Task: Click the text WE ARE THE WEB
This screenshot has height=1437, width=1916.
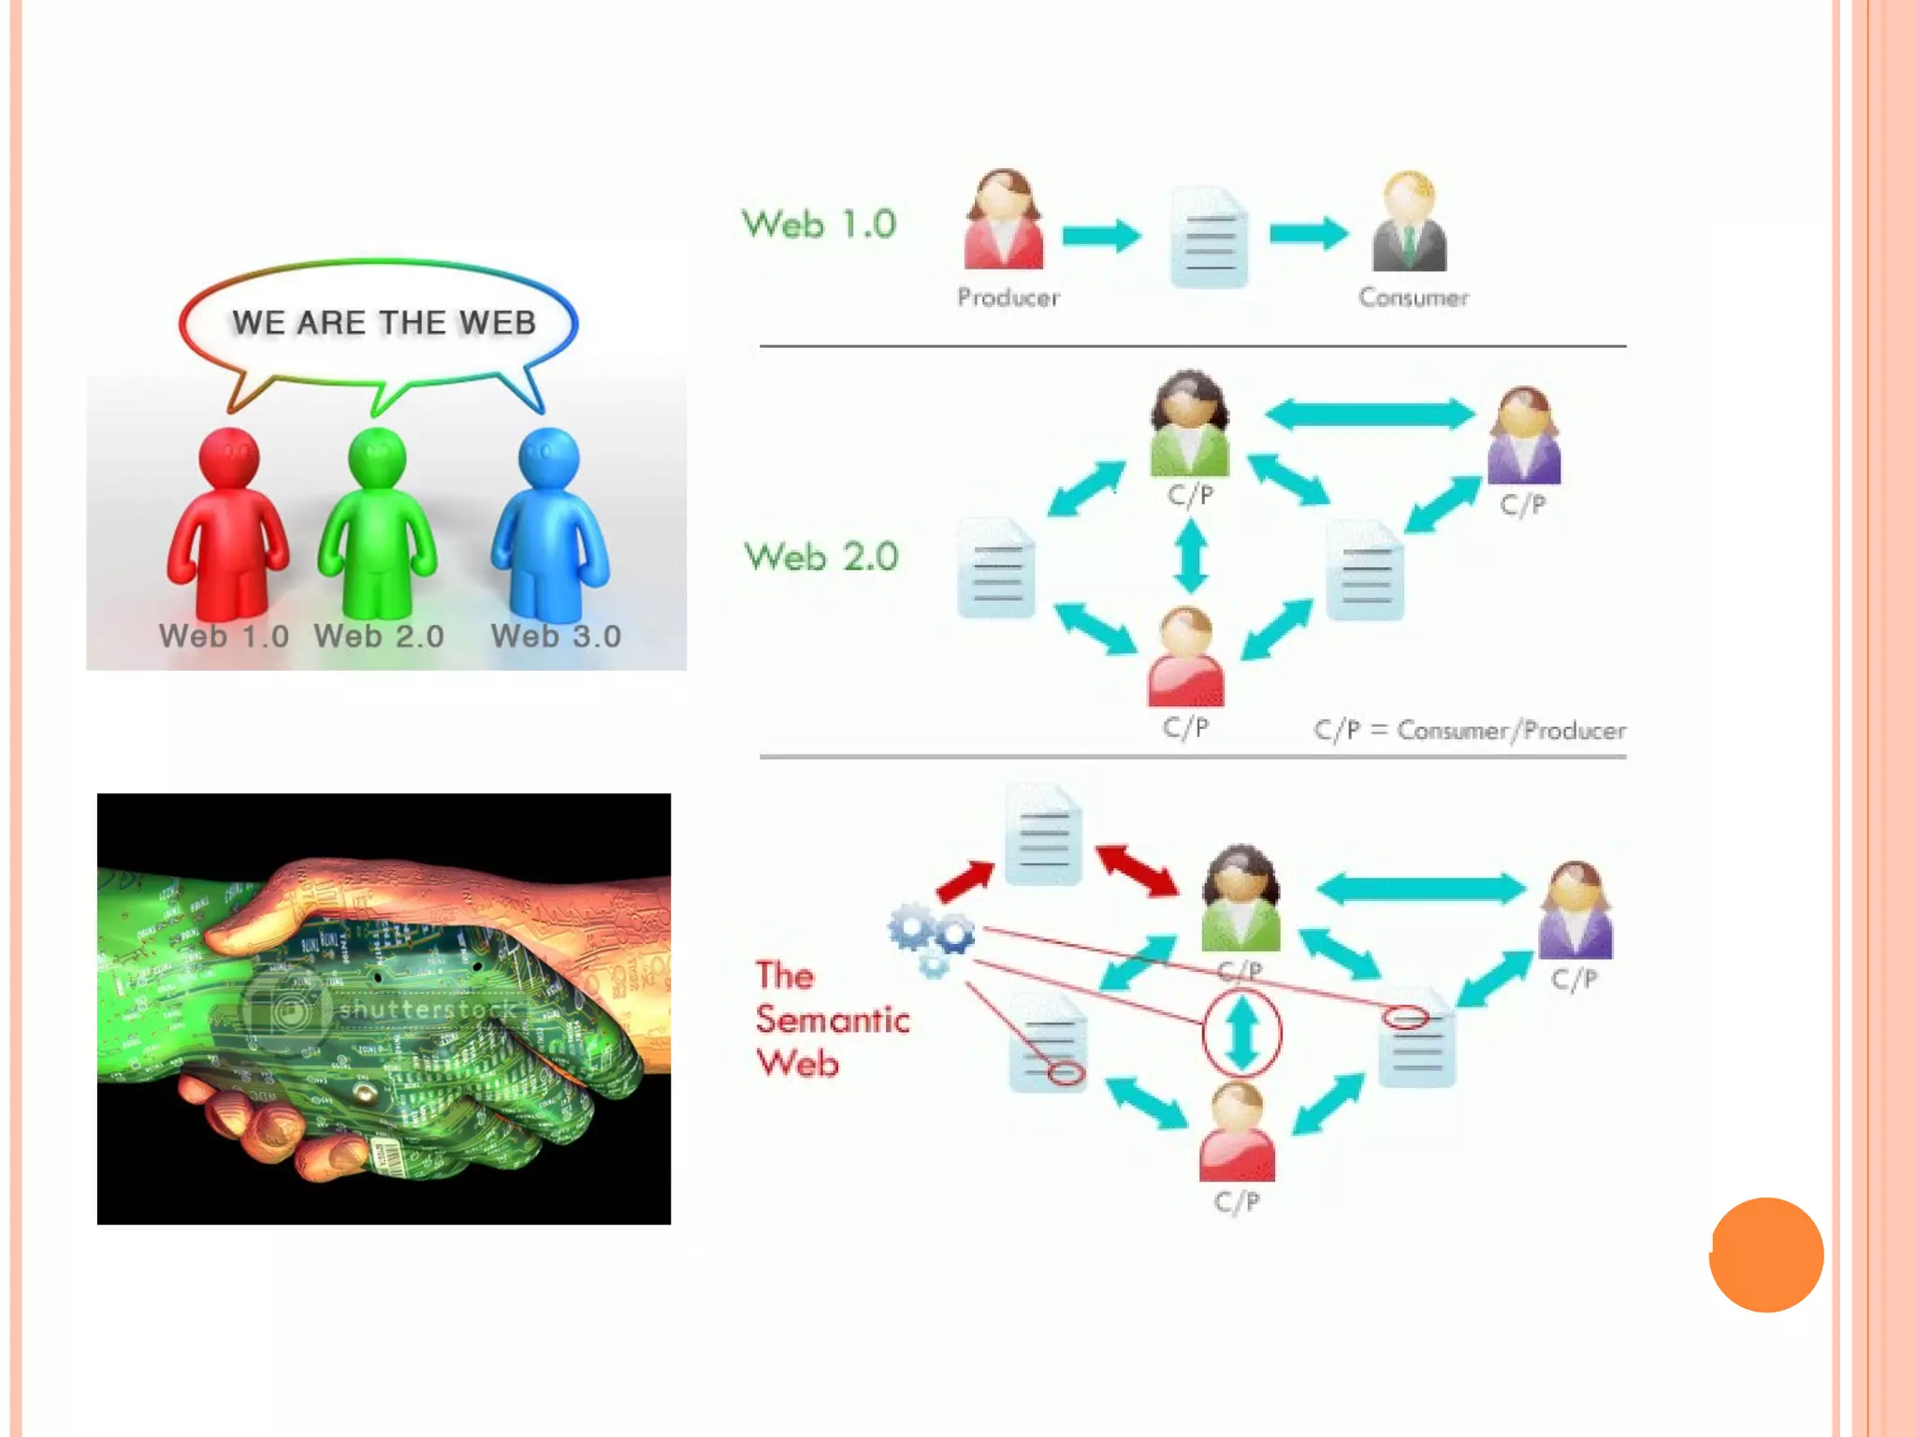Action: pos(384,323)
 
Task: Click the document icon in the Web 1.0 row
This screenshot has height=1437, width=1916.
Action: pos(1209,238)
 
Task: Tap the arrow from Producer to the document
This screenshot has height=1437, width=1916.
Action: pos(1101,235)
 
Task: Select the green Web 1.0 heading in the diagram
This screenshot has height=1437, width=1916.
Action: pos(819,225)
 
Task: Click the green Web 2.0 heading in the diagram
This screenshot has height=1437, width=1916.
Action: pos(821,557)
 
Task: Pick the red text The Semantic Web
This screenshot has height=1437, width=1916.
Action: pos(831,1020)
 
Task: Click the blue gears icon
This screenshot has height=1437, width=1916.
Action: pos(931,936)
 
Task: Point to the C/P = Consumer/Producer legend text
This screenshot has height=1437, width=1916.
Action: pos(1469,730)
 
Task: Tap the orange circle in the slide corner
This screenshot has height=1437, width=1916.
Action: pos(1765,1255)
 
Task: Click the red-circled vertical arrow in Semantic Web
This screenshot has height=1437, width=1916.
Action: pos(1241,1033)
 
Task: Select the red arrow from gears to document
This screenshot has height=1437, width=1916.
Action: pos(965,880)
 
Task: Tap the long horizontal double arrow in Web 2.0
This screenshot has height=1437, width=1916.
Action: pos(1370,414)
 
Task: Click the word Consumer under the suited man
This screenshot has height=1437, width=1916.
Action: pos(1414,298)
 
